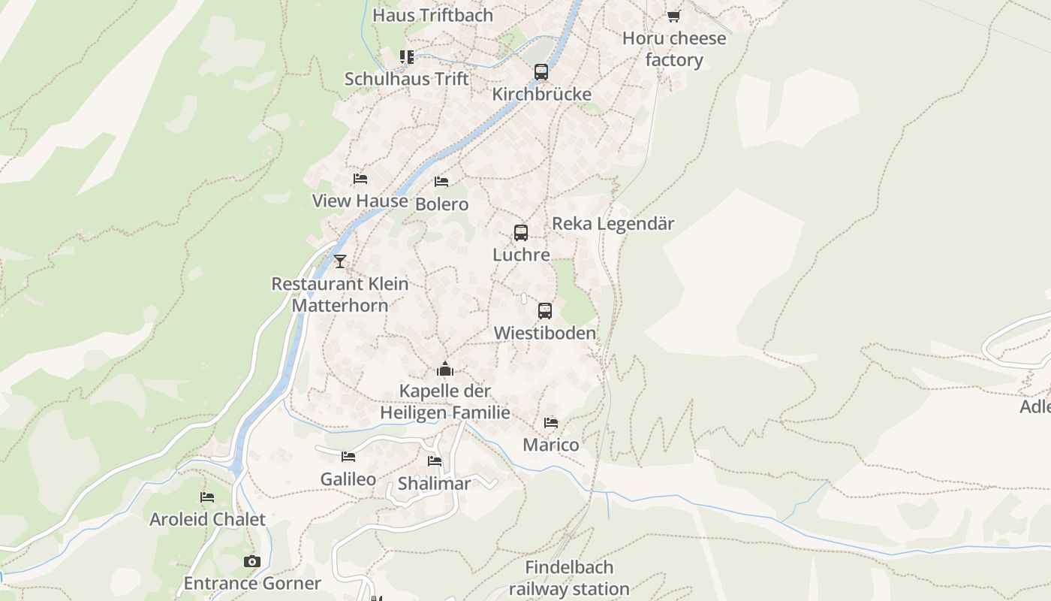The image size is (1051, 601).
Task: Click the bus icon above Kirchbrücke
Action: coord(541,72)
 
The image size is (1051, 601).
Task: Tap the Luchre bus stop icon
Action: coord(521,233)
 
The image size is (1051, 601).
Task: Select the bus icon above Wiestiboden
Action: coord(545,311)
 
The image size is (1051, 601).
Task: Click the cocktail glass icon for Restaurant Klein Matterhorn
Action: coord(340,261)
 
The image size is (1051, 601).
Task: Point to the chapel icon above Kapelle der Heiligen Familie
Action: coord(445,369)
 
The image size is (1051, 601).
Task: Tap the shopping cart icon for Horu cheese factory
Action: coord(673,16)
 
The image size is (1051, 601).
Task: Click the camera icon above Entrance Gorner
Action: coord(251,561)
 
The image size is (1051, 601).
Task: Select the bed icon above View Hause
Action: coord(360,179)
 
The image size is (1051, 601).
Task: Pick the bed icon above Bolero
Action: coord(441,182)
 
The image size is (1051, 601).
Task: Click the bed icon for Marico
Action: coord(551,423)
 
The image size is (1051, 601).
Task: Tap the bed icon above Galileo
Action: coord(348,457)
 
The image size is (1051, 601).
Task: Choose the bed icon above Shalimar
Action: coord(435,461)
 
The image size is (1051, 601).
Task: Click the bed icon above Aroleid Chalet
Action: coord(207,497)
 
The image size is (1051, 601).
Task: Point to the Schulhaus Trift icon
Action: coord(407,57)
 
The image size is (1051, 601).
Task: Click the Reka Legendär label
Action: coord(613,224)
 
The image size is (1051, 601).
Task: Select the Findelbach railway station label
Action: coord(569,578)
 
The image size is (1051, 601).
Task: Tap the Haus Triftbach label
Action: coord(432,15)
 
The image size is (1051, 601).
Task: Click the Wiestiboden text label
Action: coord(545,333)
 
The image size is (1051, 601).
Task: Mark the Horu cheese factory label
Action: coord(674,50)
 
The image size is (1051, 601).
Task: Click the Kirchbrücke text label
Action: coord(541,95)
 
